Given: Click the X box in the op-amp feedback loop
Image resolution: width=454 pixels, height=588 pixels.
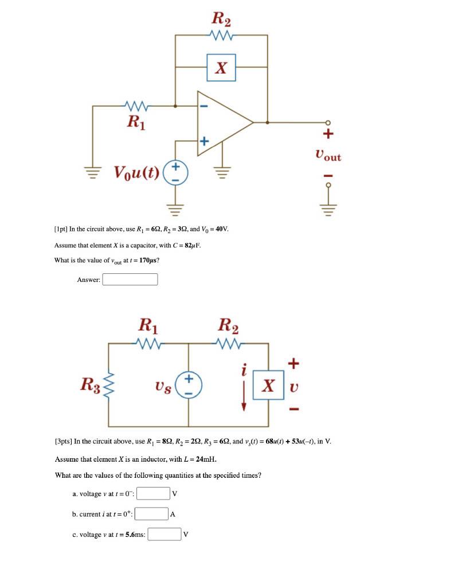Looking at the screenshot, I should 221,68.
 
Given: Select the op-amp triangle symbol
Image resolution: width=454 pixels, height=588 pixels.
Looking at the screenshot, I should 224,122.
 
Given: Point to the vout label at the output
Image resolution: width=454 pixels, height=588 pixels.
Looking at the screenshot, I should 328,156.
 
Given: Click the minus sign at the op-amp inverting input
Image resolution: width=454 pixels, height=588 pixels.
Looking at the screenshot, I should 205,106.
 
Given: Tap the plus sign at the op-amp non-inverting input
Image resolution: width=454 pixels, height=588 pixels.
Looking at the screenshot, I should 205,140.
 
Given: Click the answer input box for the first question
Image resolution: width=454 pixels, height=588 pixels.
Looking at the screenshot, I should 130,280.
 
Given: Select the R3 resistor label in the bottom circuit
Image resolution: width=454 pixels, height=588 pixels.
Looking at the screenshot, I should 91,383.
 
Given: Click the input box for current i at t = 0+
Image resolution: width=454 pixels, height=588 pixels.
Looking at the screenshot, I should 151,514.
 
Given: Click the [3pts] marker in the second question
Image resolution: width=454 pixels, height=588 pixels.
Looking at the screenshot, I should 63,442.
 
